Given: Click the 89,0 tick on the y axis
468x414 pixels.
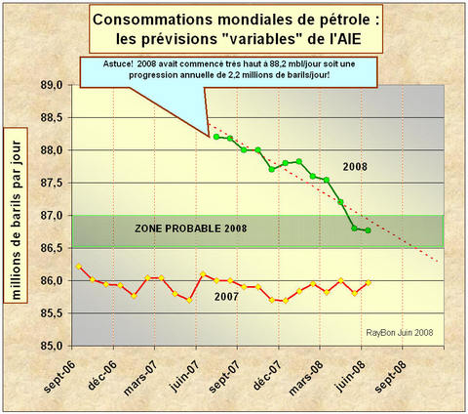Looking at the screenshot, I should pyautogui.click(x=52, y=86).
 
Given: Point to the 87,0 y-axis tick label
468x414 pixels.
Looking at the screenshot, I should pyautogui.click(x=52, y=216).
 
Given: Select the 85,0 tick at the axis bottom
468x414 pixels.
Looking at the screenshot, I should pyautogui.click(x=52, y=346).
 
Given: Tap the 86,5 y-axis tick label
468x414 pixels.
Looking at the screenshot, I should pyautogui.click(x=52, y=248).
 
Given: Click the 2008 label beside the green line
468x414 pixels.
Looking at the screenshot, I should pyautogui.click(x=354, y=167).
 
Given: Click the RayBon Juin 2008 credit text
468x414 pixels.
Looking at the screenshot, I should pyautogui.click(x=396, y=333).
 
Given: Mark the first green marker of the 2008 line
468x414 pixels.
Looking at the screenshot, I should pyautogui.click(x=215, y=137).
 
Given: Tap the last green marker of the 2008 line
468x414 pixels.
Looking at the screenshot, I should pyautogui.click(x=368, y=230).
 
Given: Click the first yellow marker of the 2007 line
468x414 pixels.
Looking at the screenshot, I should pyautogui.click(x=78, y=267).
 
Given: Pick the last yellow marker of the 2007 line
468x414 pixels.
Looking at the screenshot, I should pyautogui.click(x=368, y=284).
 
